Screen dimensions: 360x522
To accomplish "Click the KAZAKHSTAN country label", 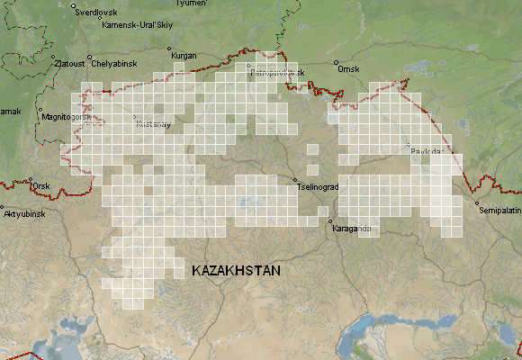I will (237, 270).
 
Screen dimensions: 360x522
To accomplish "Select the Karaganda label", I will (352, 229).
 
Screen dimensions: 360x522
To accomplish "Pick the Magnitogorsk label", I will (67, 117).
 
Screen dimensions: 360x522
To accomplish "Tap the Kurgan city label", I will (184, 56).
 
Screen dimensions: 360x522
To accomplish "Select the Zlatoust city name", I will (69, 64).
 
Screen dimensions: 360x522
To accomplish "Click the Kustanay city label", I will (152, 125).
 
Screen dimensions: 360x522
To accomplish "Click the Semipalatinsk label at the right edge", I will (500, 210).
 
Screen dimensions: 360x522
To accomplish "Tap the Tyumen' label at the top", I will (190, 4).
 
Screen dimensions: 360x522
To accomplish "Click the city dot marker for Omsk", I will (336, 64).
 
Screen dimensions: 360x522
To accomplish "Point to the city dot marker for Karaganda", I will (330, 221).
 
